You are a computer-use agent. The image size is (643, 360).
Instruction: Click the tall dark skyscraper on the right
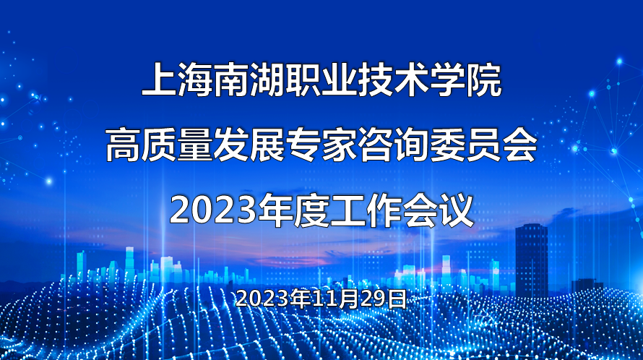click(532, 260)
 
